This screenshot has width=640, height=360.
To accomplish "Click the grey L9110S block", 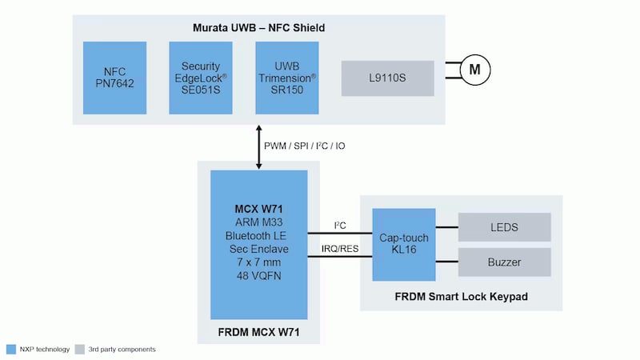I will click(x=387, y=78).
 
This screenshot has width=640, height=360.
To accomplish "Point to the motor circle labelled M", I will click(x=474, y=70).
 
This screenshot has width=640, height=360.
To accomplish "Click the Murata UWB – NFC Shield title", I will click(x=258, y=28).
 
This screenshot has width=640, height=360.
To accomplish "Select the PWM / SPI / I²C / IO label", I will click(x=305, y=146).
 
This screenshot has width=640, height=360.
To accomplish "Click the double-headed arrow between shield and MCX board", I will click(x=258, y=146).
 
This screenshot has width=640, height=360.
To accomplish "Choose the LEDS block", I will click(x=503, y=227).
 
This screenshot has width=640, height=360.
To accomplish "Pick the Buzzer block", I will click(x=503, y=262).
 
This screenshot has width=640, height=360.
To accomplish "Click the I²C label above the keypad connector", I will click(x=339, y=226).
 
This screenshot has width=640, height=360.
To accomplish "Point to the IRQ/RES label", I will click(x=339, y=249).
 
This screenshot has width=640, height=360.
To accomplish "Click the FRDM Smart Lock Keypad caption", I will click(x=461, y=297).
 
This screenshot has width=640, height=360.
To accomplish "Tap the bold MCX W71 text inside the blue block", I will click(x=258, y=210).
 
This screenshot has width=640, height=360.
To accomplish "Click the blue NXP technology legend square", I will click(x=10, y=349).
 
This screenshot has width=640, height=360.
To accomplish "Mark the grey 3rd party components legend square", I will click(x=79, y=349).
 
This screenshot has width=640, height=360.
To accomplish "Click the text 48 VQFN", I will click(x=258, y=276).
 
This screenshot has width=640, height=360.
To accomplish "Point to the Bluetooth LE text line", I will click(x=258, y=236).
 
